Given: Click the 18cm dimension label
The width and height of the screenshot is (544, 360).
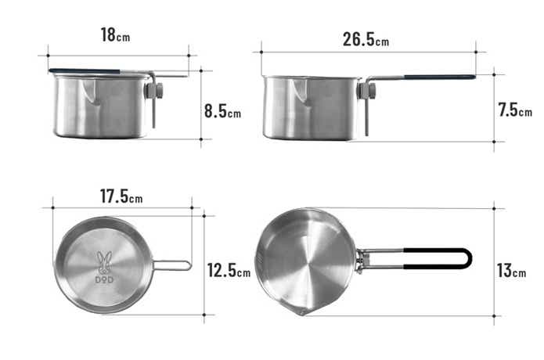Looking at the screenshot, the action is (x=115, y=35).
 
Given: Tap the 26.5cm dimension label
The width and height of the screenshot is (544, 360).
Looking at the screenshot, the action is (x=366, y=39).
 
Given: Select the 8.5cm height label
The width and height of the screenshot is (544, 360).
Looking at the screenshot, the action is (x=222, y=111).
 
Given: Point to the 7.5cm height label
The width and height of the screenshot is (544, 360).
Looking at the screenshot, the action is (x=515, y=110).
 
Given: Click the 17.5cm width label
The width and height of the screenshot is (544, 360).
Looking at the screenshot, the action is (x=121, y=196).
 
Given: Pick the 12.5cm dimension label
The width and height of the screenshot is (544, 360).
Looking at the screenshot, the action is (x=229, y=270).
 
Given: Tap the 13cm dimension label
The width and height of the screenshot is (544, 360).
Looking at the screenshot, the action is (x=511, y=271).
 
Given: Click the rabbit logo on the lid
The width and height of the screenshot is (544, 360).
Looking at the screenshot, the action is (x=104, y=262).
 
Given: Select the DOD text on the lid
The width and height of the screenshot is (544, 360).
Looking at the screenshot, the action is (x=104, y=279).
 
